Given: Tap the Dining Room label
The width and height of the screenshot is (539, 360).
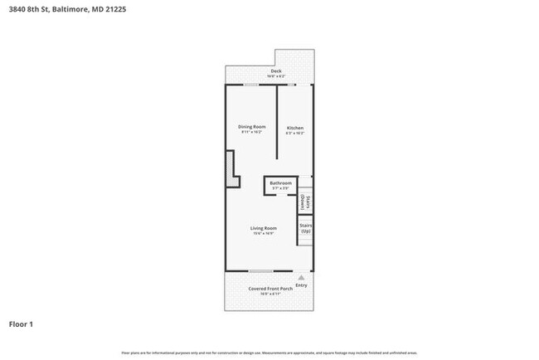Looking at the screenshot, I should coord(252,127).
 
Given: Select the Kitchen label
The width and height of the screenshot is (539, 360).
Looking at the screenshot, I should coord(294,128).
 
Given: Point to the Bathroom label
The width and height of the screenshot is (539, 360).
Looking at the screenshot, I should coord(280,182).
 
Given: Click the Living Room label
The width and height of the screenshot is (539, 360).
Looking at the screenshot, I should coord(264,228).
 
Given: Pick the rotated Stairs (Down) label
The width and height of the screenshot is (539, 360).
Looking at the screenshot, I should coord(304,200).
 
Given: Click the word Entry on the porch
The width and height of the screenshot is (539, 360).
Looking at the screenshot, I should coord(301,285).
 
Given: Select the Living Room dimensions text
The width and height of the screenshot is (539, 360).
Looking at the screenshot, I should coord(264,234).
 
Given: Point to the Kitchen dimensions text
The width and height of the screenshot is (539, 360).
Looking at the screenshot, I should coord(294,133).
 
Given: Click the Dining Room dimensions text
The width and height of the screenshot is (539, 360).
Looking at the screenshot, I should coord(252,133).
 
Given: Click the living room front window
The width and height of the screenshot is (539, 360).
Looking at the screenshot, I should coord(260,271).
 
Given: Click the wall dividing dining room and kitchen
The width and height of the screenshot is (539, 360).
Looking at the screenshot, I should coord(276,116).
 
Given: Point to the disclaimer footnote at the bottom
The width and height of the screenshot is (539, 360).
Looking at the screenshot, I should coord(269,353).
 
